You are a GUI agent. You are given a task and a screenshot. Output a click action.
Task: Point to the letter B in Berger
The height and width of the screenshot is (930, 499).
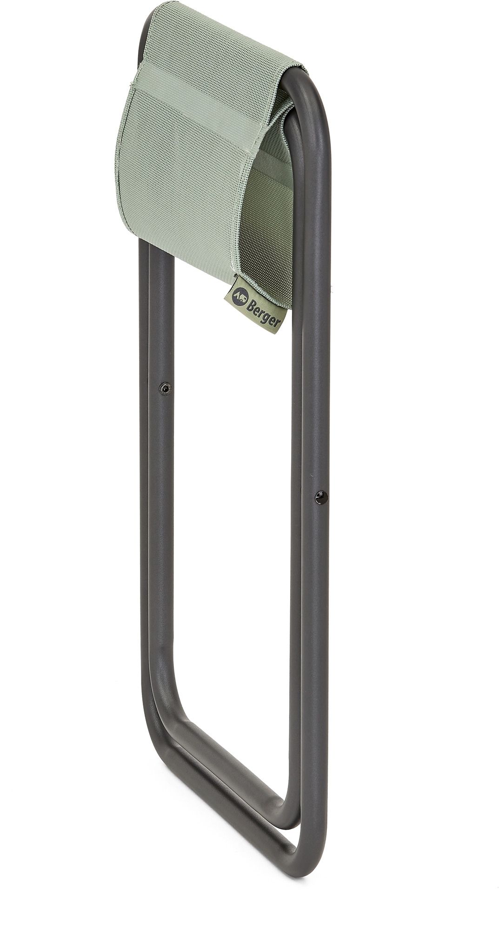[251, 301]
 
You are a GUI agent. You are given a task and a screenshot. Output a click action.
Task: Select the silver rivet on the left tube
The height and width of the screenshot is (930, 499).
[164, 388]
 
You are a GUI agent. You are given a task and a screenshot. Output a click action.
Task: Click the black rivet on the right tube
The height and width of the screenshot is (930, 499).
[320, 497]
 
